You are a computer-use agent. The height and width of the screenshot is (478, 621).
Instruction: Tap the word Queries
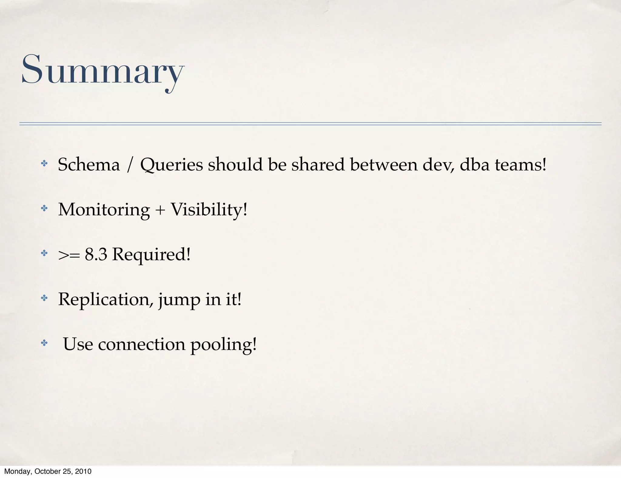(x=171, y=165)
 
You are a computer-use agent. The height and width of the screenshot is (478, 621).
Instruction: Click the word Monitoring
(x=104, y=210)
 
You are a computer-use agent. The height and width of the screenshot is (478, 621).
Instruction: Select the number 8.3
(x=96, y=254)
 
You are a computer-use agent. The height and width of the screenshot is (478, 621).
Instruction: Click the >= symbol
(x=69, y=255)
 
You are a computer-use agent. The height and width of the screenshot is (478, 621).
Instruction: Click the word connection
(x=142, y=345)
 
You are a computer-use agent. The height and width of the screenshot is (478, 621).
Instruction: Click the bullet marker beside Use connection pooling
(x=44, y=343)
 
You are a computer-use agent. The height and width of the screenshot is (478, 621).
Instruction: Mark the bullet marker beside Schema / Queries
(x=44, y=164)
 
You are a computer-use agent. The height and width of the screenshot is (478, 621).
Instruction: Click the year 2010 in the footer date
(x=83, y=471)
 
